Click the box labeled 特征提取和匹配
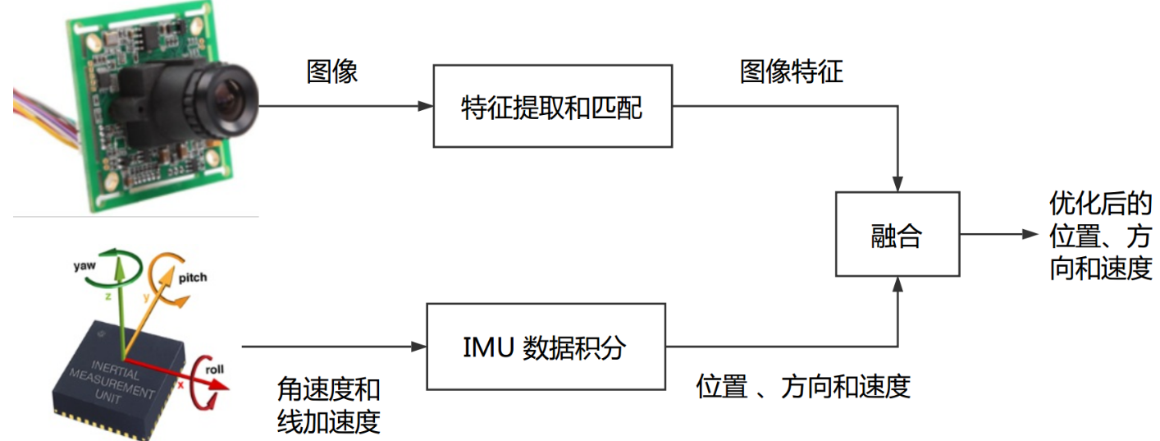point(552,107)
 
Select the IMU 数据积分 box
point(544,347)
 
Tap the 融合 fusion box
point(897,235)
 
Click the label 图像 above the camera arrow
point(332,72)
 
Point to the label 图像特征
point(791,72)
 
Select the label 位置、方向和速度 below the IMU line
point(803,386)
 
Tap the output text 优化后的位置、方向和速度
point(1101,236)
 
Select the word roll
point(214,370)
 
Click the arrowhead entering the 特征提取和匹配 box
point(425,107)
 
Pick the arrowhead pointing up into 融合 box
point(898,284)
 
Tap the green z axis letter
point(107,301)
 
